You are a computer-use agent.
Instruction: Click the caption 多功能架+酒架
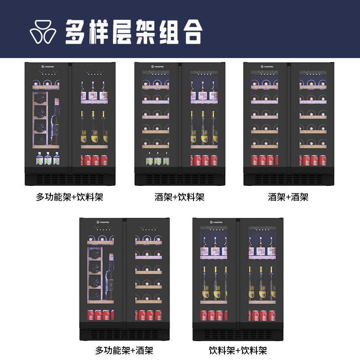[124, 350]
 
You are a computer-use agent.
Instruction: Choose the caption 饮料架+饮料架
[238, 350]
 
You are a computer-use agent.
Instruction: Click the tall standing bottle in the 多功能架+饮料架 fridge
[55, 119]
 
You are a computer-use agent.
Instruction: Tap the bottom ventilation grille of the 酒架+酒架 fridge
[288, 179]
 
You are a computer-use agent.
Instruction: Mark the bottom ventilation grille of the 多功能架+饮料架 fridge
[70, 179]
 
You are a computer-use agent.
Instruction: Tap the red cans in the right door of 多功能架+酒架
[148, 315]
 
